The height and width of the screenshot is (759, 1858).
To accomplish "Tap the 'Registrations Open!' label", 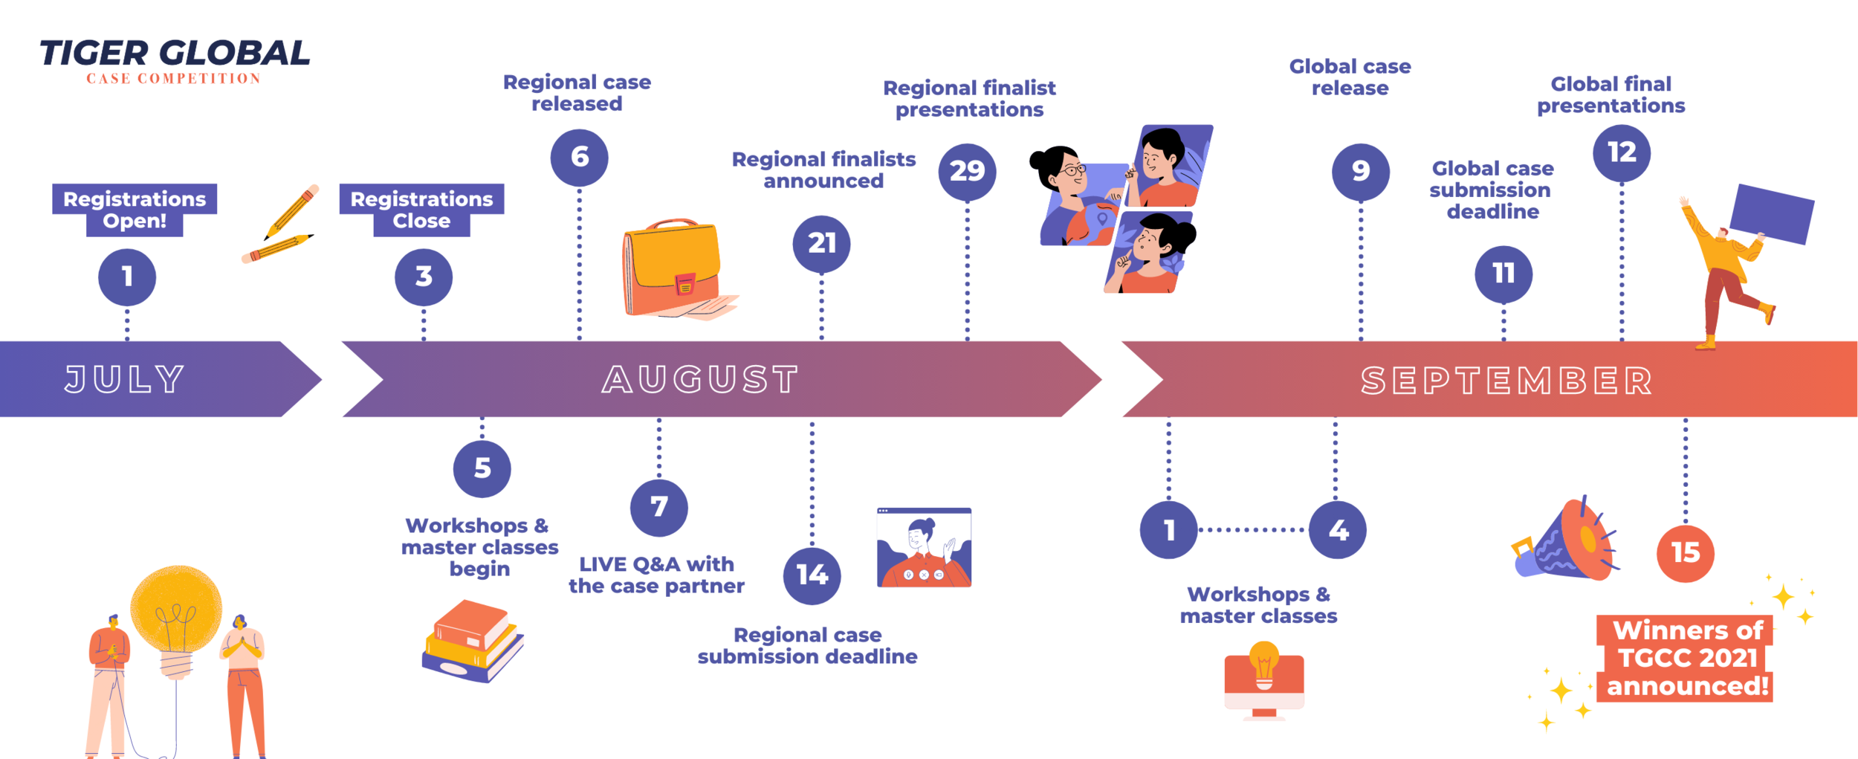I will [135, 210].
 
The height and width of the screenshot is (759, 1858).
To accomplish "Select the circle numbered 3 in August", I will [424, 277].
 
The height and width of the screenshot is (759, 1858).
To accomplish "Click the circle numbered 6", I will [579, 157].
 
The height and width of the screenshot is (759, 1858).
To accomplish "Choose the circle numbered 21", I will [821, 244].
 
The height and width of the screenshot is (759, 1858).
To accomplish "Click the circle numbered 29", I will [967, 172].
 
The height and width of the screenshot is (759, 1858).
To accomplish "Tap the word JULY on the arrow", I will [125, 379].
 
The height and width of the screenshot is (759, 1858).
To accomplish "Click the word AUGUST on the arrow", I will [700, 379].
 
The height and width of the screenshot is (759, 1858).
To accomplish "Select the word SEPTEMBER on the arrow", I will [1506, 381].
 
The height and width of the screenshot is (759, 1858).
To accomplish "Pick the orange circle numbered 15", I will [1685, 553].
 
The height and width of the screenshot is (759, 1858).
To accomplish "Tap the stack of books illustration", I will [473, 641].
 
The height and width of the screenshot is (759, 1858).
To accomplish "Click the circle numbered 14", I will [812, 575].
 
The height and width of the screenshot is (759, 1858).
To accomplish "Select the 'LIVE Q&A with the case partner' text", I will [656, 575].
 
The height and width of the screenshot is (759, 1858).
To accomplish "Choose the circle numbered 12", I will [1621, 153].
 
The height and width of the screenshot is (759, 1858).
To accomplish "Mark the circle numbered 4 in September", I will [1337, 530].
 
